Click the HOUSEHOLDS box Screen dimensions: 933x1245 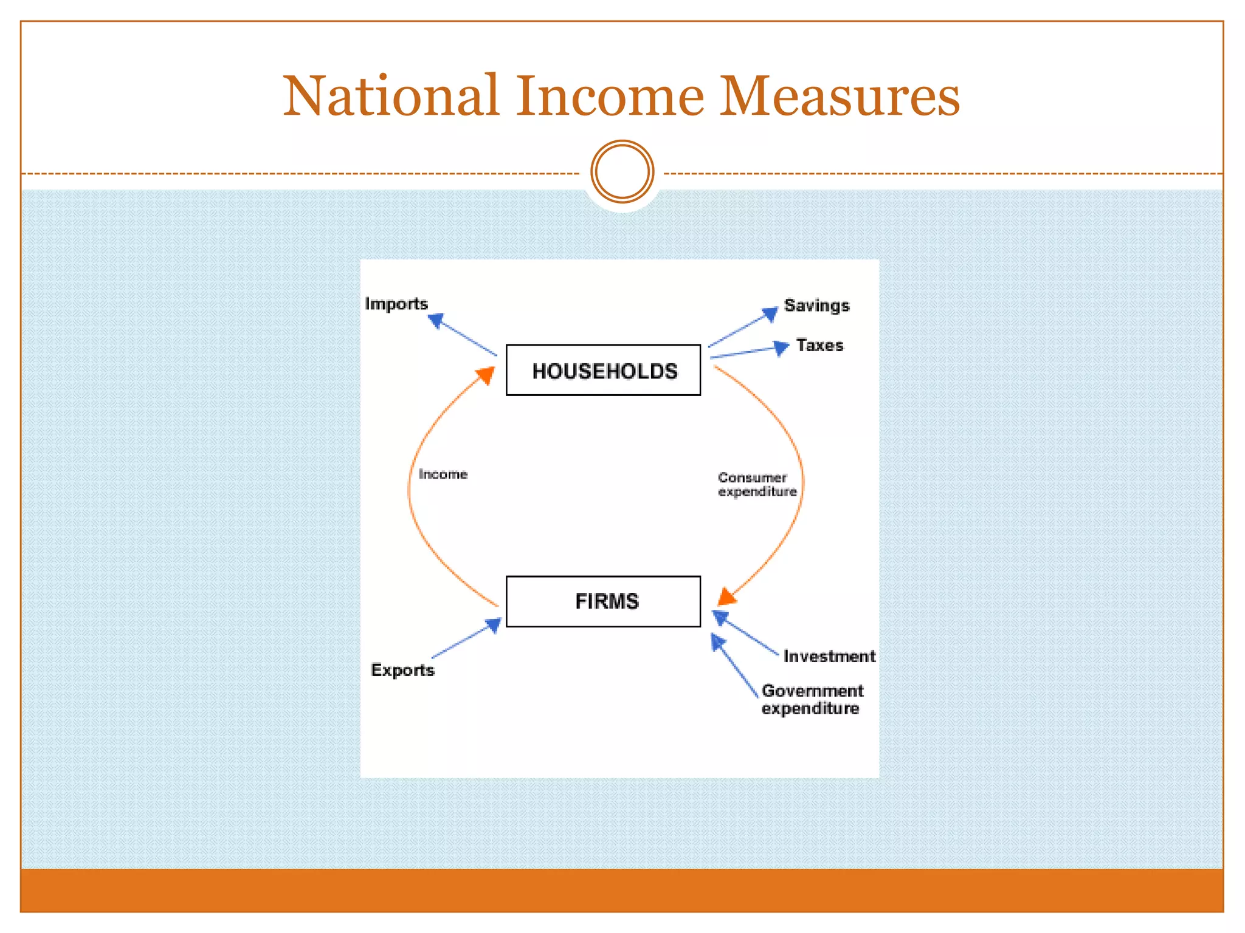(603, 370)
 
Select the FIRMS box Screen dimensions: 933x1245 (603, 601)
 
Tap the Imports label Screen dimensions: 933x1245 (396, 304)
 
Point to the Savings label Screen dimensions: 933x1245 (816, 306)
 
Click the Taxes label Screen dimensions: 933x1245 (819, 345)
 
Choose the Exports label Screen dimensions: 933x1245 (402, 670)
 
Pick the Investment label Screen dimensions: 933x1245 (829, 656)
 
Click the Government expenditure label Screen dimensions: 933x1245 (812, 700)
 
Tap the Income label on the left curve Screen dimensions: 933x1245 (443, 474)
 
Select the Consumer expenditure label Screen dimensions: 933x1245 (757, 485)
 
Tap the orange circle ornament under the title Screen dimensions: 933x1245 (622, 172)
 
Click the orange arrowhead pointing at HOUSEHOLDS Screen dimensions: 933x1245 (486, 375)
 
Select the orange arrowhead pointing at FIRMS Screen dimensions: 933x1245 (727, 596)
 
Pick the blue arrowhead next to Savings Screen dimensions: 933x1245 (770, 314)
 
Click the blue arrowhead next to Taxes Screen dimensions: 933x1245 (781, 348)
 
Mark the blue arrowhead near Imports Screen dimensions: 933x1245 (436, 320)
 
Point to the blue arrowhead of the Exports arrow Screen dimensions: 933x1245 (493, 625)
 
